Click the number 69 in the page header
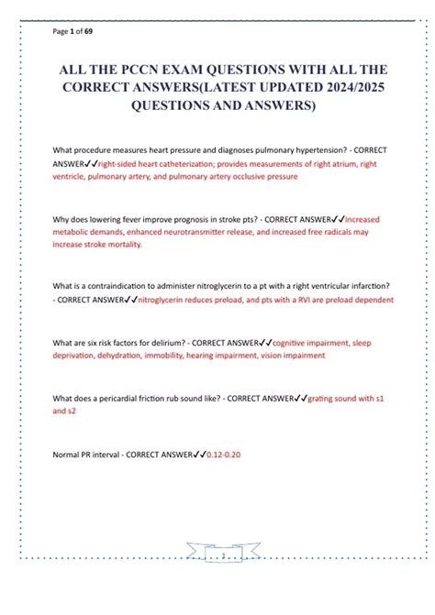point(87,31)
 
